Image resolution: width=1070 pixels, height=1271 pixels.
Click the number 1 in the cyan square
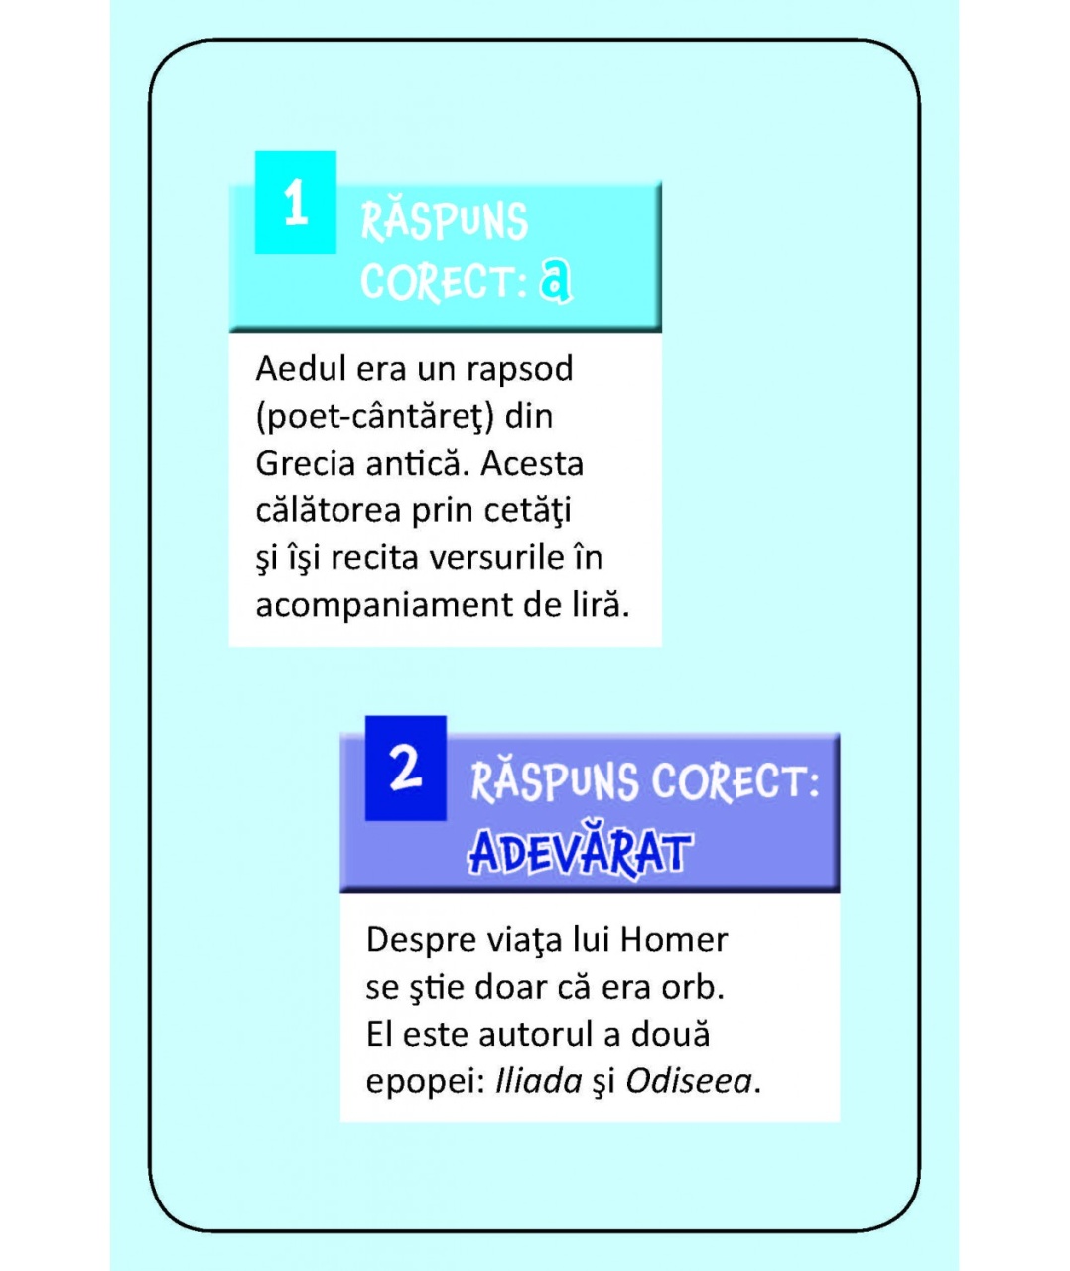point(295,204)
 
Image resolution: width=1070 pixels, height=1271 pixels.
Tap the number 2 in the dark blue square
point(405,768)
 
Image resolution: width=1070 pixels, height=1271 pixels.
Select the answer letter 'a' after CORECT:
point(556,282)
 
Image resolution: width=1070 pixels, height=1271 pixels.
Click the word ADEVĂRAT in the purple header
point(580,853)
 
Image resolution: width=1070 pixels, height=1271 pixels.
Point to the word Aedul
point(296,368)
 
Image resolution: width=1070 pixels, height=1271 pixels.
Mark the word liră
point(599,604)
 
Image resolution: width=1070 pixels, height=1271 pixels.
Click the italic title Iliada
point(538,1080)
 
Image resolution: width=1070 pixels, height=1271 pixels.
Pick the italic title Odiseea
point(689,1080)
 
